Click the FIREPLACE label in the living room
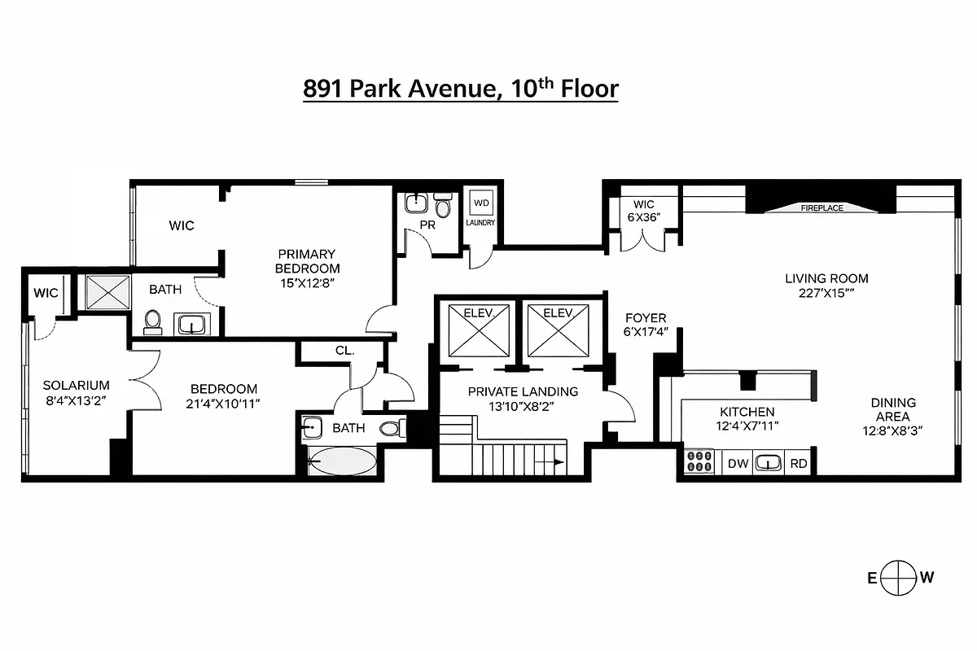[821, 208]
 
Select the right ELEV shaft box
[560, 330]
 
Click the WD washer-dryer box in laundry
[481, 203]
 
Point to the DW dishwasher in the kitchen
[738, 464]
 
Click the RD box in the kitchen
[799, 464]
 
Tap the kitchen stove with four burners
[699, 462]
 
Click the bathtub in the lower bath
[342, 461]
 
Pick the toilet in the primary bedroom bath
[151, 323]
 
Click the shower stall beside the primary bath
[108, 291]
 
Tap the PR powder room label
[427, 225]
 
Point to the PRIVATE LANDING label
[523, 391]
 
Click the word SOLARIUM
[76, 385]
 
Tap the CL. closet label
[344, 352]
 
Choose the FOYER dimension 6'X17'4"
[646, 332]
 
